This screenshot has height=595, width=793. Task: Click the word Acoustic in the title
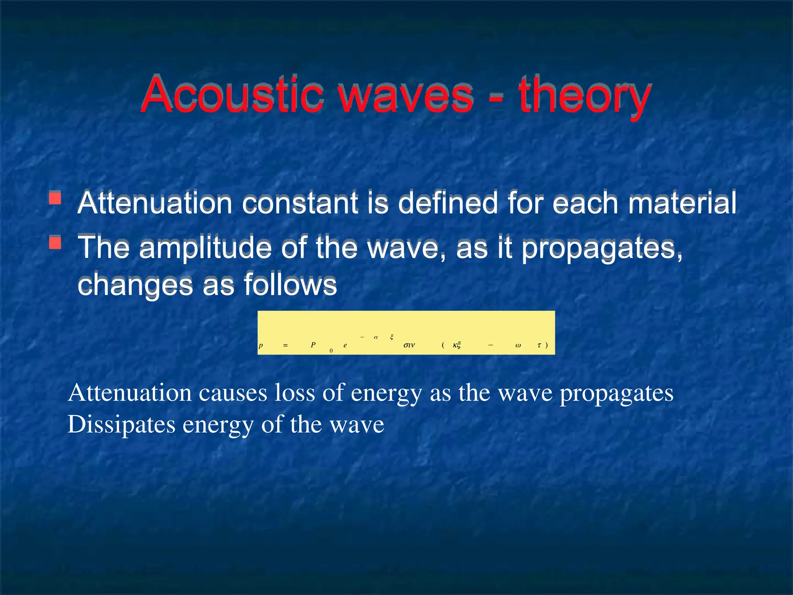click(232, 95)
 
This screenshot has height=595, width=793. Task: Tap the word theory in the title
click(585, 97)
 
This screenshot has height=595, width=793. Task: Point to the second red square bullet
click(55, 242)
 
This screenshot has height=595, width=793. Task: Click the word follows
click(290, 285)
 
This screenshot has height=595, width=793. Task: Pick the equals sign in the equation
click(285, 345)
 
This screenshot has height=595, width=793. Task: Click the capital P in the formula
click(313, 345)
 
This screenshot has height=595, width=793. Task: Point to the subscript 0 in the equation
click(331, 351)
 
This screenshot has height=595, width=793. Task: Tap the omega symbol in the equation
click(518, 346)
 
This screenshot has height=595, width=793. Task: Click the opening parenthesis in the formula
click(443, 345)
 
